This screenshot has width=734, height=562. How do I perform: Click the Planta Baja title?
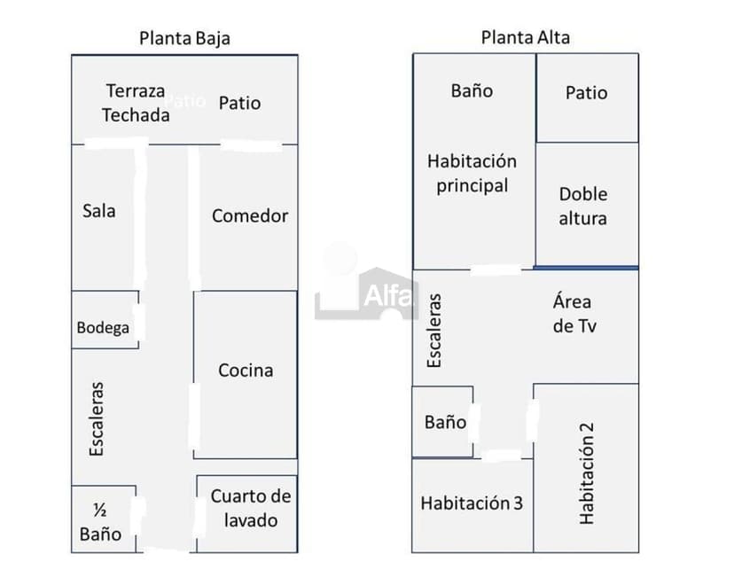coord(184,38)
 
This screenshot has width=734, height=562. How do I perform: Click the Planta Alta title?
coord(526,37)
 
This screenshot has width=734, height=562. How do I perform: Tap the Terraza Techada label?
coord(136,103)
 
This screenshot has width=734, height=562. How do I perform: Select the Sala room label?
coord(99,211)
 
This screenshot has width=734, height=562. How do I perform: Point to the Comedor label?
coord(250,215)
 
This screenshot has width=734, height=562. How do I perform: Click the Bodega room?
coord(103,327)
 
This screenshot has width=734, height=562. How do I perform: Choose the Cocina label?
coord(246,371)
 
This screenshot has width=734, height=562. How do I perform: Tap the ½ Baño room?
coord(100,522)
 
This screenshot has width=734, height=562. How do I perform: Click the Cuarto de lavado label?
coord(250,508)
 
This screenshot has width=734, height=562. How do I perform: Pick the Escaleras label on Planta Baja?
coord(97,419)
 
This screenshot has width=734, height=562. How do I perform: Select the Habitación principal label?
coord(472,174)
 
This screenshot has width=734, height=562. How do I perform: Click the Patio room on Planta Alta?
coord(587,93)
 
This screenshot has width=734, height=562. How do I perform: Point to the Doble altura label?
coord(583,206)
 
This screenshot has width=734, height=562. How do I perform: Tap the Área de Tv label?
coord(574,314)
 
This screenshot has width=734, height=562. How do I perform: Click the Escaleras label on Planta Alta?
coord(433,331)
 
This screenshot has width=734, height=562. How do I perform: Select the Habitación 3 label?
coord(472,503)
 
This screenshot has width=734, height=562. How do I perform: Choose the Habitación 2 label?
coord(586,472)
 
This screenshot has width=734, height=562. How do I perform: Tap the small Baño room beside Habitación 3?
coord(444,422)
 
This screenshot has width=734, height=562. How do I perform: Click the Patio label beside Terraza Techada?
coord(239,103)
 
